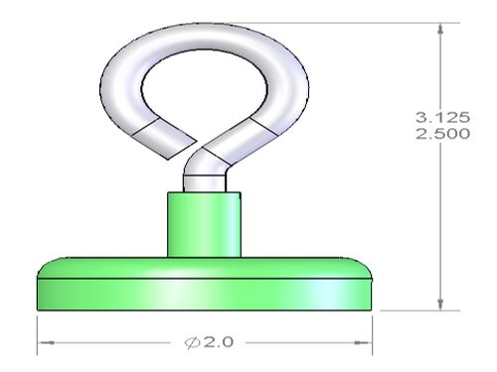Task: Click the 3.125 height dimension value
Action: coord(442,117)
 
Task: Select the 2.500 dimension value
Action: coord(442,134)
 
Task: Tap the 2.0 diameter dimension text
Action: coord(219,342)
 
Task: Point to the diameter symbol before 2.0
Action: coord(193,342)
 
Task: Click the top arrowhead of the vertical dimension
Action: coord(440,29)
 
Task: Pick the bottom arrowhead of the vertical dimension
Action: coord(440,305)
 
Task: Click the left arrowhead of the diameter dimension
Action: coord(46,343)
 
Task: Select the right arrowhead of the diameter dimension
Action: coord(364,343)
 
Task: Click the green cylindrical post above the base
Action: coord(204,224)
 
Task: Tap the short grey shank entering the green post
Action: coord(205,184)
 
